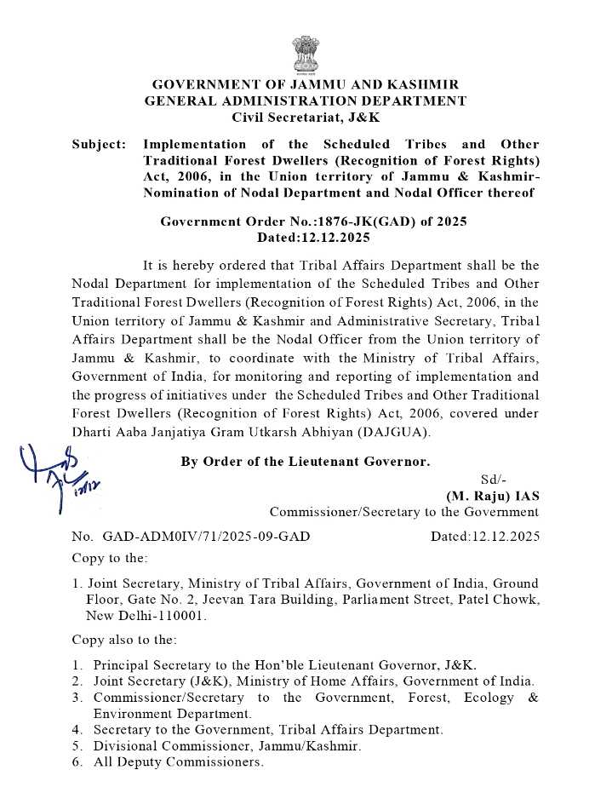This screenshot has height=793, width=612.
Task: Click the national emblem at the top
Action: tap(305, 54)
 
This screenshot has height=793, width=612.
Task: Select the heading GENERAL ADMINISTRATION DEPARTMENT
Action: tap(305, 101)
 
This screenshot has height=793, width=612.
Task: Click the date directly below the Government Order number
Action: tap(305, 236)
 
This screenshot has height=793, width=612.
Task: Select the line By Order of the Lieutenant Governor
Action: tap(306, 462)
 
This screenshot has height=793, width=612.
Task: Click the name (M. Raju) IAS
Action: tap(492, 496)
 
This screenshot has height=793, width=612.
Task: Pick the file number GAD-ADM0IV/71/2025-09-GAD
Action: tap(206, 537)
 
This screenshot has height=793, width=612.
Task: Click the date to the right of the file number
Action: tap(484, 537)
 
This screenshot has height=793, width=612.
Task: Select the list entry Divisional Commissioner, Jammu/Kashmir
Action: tap(227, 746)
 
